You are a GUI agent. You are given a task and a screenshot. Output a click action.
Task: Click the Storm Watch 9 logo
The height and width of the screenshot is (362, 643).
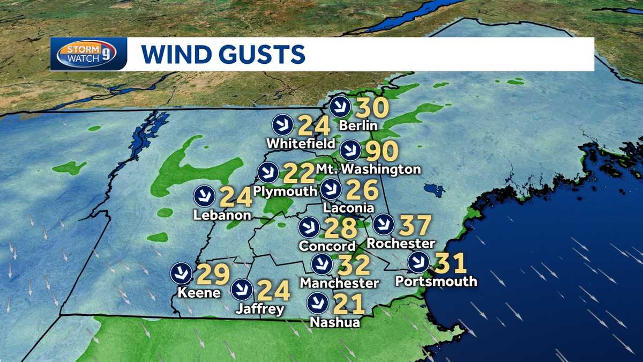88,54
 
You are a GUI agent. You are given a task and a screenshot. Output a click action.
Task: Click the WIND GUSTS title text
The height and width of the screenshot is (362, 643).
223,54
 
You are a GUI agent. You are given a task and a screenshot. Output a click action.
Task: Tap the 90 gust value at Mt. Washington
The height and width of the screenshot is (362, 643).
382,152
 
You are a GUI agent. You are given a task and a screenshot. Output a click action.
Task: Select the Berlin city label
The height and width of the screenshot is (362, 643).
358,126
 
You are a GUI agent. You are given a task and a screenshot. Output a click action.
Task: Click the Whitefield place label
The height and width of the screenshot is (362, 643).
301,144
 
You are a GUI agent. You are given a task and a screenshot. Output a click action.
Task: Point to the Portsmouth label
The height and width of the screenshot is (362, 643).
435,281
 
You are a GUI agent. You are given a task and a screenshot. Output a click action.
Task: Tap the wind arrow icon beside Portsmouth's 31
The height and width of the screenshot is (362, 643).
418,263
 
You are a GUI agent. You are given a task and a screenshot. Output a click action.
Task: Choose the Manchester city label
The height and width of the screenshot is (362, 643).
339,282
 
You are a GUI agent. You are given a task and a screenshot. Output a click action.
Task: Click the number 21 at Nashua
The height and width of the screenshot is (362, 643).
348,304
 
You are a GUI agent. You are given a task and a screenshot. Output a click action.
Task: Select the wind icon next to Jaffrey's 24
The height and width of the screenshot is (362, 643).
242,290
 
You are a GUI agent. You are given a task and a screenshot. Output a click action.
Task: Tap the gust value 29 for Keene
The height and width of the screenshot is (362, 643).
213,274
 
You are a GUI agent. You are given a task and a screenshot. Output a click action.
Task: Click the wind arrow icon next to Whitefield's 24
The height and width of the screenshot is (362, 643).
282,125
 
